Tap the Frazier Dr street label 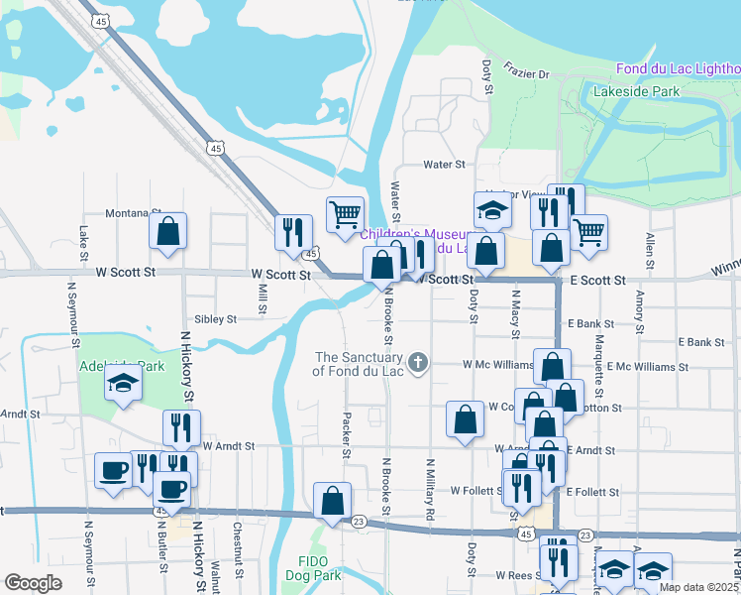click(525, 70)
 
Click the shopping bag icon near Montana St click(168, 232)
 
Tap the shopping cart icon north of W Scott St click(345, 215)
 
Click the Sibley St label click(215, 319)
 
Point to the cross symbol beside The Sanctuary click(418, 363)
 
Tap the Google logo click(34, 582)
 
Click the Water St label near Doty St click(444, 164)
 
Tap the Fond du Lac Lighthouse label click(678, 68)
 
